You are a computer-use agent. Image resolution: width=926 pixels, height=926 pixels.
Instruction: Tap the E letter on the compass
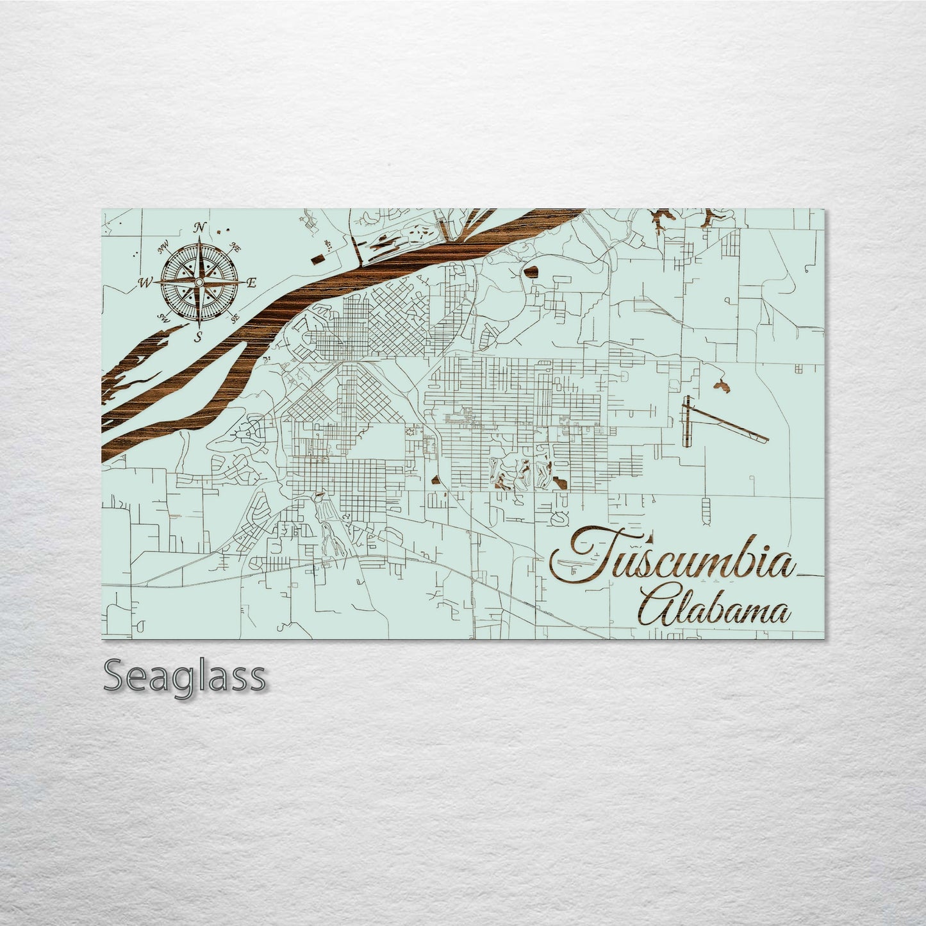tap(251, 283)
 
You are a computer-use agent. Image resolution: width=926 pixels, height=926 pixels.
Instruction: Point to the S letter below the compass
tap(198, 336)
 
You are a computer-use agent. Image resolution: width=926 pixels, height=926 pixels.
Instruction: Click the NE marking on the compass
tap(235, 245)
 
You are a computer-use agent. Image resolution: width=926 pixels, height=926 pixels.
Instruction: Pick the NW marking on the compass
tap(163, 245)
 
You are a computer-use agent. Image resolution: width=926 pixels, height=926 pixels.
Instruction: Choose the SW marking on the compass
tap(163, 318)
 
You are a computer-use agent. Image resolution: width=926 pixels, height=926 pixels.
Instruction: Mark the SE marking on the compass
tap(235, 317)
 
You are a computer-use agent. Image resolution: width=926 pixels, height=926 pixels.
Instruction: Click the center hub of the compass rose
tap(199, 282)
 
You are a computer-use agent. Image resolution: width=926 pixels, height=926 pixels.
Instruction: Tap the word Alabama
tap(711, 611)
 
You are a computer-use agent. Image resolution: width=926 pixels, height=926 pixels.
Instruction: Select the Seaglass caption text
tap(184, 675)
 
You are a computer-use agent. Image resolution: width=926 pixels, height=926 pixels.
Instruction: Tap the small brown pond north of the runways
tap(720, 386)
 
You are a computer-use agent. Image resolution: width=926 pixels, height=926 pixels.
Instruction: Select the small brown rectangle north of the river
tap(318, 258)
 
